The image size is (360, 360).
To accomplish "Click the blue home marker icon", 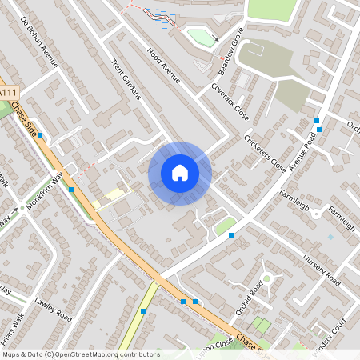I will pyautogui.click(x=180, y=173).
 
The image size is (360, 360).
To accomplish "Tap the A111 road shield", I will pyautogui.click(x=8, y=94).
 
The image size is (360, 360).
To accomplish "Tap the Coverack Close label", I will pyautogui.click(x=230, y=100).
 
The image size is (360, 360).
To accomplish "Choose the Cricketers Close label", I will pyautogui.click(x=265, y=154).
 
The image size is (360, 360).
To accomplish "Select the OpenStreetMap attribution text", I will pyautogui.click(x=80, y=354).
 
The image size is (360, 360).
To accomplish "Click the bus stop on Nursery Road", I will pyautogui.click(x=231, y=235).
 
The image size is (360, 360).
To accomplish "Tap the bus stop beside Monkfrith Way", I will pyautogui.click(x=71, y=190).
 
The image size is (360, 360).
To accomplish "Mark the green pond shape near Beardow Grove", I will pyautogui.click(x=200, y=37).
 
